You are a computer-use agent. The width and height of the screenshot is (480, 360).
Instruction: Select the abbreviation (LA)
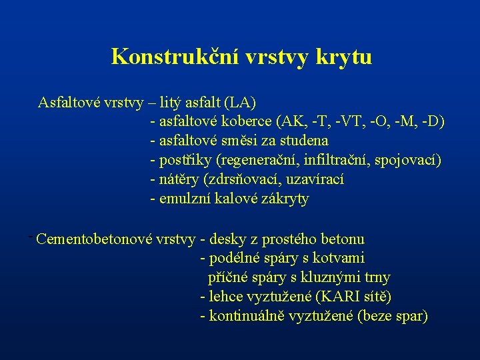[240, 103]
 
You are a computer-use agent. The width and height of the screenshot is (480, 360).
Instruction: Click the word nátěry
[179, 180]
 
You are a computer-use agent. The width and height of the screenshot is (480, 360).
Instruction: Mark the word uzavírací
[314, 180]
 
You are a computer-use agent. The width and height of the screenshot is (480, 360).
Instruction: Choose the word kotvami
[342, 258]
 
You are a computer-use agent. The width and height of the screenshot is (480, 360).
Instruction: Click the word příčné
[227, 277]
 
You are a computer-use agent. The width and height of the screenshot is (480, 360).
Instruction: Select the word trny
[377, 277]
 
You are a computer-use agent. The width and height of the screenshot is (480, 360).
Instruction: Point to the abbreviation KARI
[335, 297]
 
